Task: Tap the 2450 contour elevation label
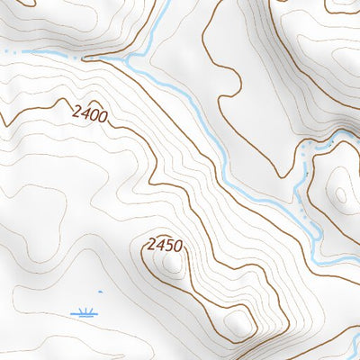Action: tap(165, 245)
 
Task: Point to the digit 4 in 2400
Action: tap(83, 113)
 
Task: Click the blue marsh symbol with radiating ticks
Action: tap(85, 313)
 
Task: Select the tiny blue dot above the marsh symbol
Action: tap(101, 292)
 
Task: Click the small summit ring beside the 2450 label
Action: tap(171, 262)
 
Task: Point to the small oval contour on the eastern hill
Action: tap(340, 193)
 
